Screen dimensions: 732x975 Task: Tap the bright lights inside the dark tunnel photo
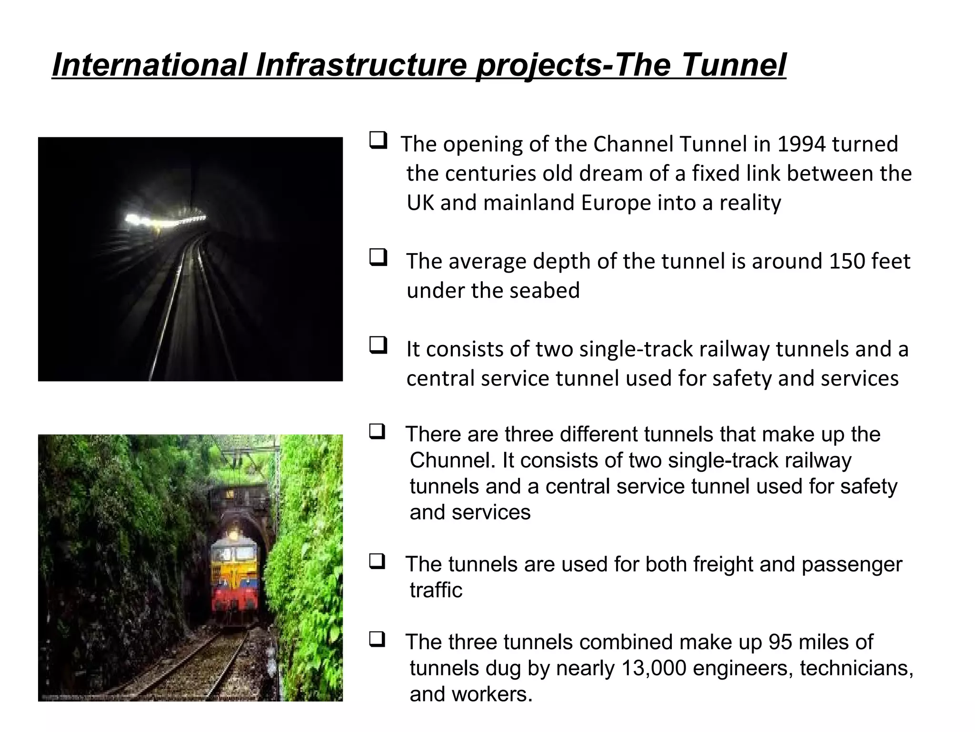coord(138,220)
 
